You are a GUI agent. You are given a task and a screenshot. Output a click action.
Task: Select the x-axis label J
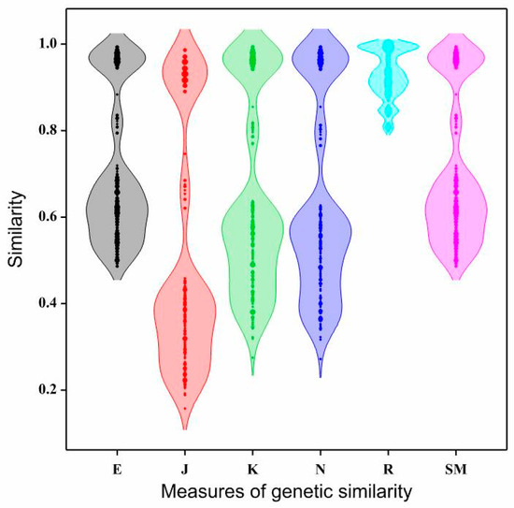coord(185,461)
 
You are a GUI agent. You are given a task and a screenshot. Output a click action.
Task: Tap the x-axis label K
coord(252,461)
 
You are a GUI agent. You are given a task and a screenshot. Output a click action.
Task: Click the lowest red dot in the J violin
coord(185,408)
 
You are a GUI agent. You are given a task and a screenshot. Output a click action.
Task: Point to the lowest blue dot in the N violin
coord(321,358)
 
